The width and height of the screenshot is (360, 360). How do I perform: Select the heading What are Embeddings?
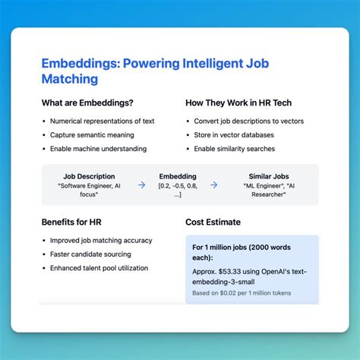pos(87,103)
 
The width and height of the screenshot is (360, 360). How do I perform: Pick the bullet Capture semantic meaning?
pos(90,134)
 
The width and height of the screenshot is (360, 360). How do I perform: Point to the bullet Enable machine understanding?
pos(98,148)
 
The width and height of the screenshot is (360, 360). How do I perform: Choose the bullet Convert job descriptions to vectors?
pos(247,121)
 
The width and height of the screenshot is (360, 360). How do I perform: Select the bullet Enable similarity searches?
pos(234,148)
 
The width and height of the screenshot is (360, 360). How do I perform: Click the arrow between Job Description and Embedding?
pos(141,185)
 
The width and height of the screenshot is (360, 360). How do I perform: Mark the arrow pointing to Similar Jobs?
pos(213,185)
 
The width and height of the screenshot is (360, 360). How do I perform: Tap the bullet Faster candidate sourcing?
pos(90,254)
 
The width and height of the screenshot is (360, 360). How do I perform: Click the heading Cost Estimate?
pos(213,222)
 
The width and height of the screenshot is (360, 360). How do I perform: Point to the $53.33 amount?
pos(233,271)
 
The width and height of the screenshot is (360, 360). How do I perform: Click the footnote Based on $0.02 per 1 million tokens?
pos(241,293)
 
